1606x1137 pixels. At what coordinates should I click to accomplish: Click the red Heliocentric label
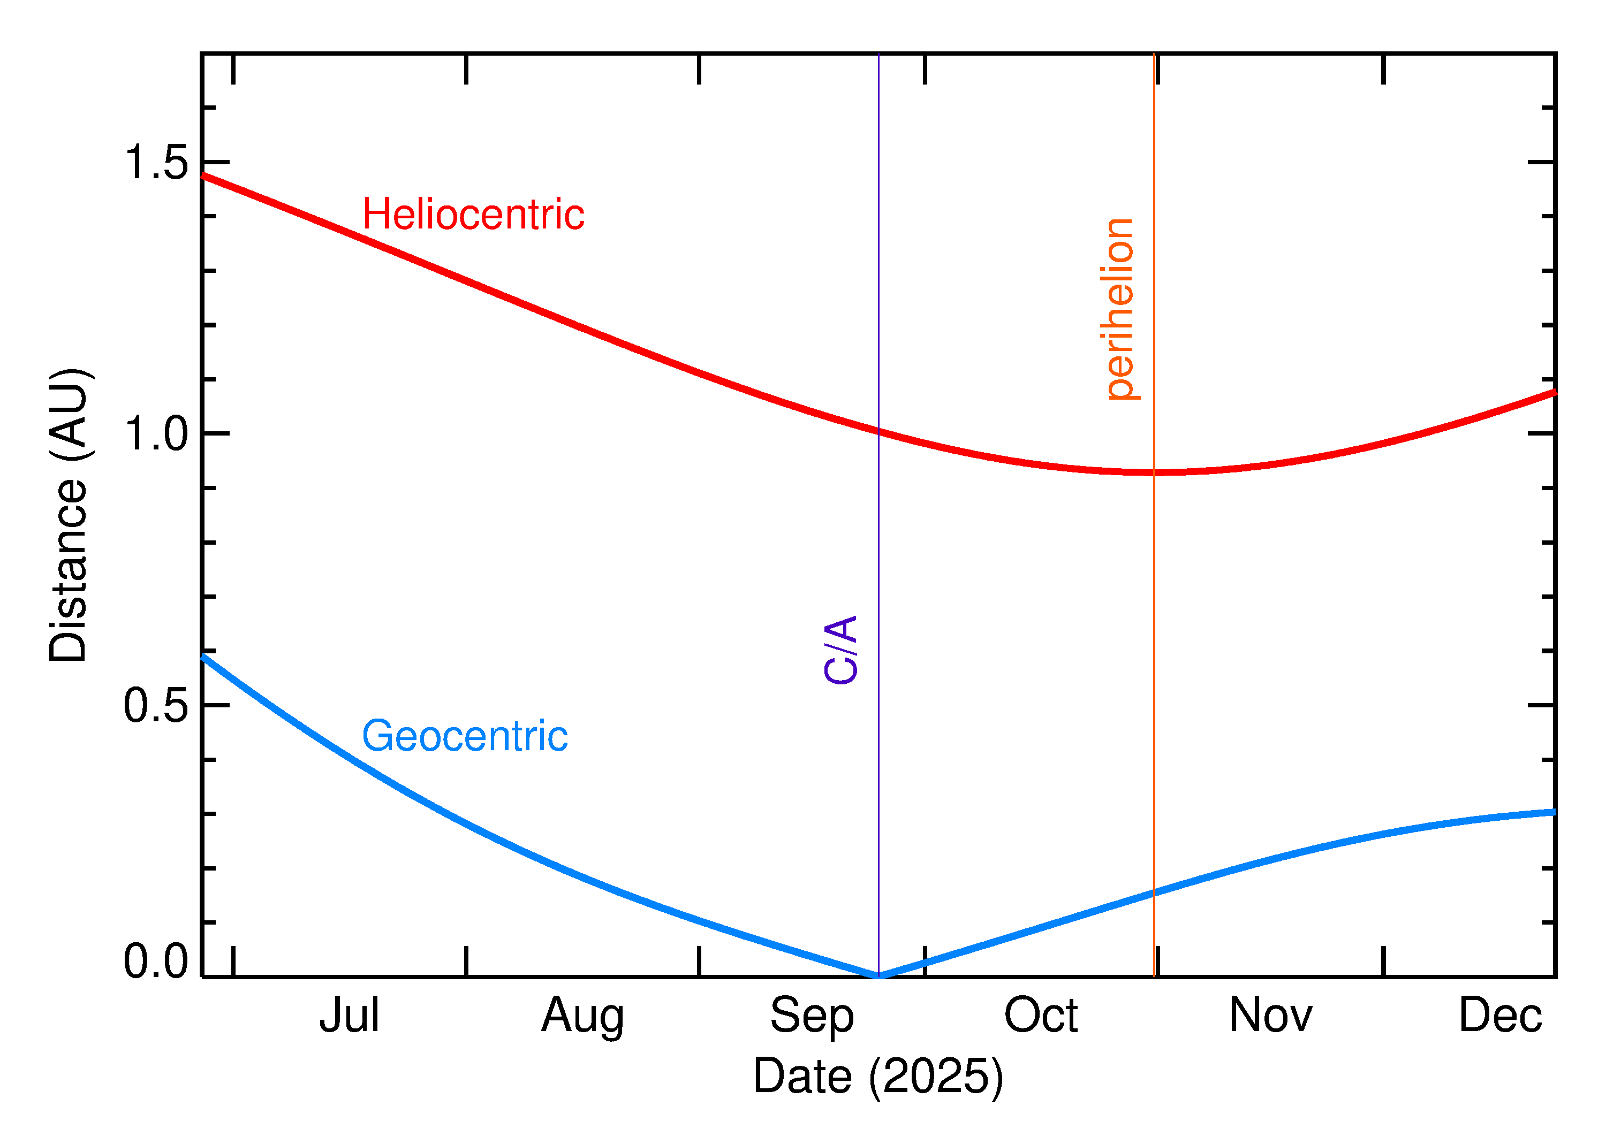[x=473, y=214]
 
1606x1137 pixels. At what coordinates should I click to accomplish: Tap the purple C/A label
[x=840, y=650]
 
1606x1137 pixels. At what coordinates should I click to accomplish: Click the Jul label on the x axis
[x=349, y=1015]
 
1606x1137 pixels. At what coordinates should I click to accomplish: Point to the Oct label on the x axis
[x=1041, y=1015]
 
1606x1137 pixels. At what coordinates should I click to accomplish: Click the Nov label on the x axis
[x=1270, y=1015]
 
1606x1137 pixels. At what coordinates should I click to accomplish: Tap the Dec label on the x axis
[x=1499, y=1015]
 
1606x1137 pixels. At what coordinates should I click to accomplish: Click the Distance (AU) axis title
[x=68, y=515]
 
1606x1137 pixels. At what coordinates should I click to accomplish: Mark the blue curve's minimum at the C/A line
[x=878, y=975]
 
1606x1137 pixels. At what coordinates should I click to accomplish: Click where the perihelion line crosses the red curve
[x=1154, y=472]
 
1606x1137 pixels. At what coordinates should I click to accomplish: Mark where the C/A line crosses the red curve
[x=878, y=431]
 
